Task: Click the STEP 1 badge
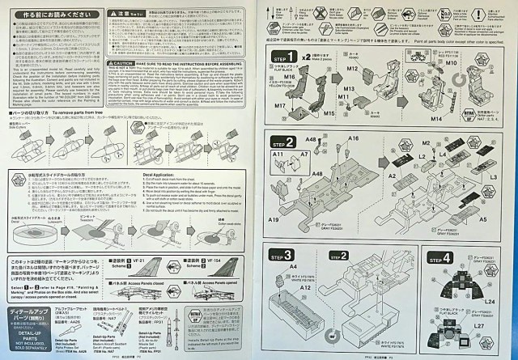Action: coord(287,58)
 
